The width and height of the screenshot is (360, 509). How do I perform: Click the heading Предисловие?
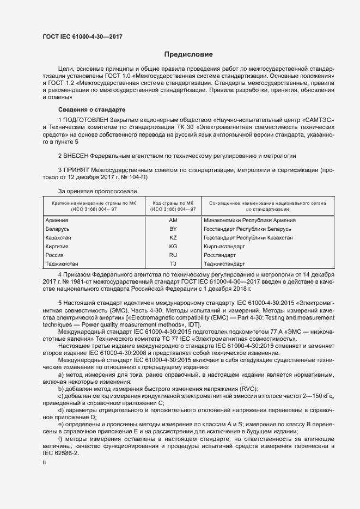pyautogui.click(x=188, y=54)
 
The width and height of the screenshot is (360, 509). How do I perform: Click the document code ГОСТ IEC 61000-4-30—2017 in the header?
pyautogui.click(x=82, y=36)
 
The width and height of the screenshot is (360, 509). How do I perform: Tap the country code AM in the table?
pyautogui.click(x=173, y=220)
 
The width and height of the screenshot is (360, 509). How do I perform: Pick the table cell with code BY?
pyautogui.click(x=173, y=229)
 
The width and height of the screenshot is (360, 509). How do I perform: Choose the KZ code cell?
pyautogui.click(x=173, y=238)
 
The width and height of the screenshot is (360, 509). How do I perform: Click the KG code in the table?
pyautogui.click(x=173, y=247)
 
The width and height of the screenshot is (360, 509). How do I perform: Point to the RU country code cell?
pyautogui.click(x=173, y=255)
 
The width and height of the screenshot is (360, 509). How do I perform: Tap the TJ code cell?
pyautogui.click(x=173, y=263)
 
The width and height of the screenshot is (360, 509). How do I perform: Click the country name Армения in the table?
pyautogui.click(x=57, y=220)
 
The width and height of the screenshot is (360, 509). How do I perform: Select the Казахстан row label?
pyautogui.click(x=59, y=238)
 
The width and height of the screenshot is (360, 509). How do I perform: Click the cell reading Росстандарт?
pyautogui.click(x=219, y=255)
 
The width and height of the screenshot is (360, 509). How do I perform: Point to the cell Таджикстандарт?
pyautogui.click(x=224, y=263)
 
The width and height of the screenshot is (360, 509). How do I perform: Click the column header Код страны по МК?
pyautogui.click(x=173, y=202)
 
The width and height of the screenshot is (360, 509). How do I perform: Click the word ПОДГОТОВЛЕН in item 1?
pyautogui.click(x=86, y=119)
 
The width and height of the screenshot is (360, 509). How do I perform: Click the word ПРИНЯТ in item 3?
pyautogui.click(x=76, y=170)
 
